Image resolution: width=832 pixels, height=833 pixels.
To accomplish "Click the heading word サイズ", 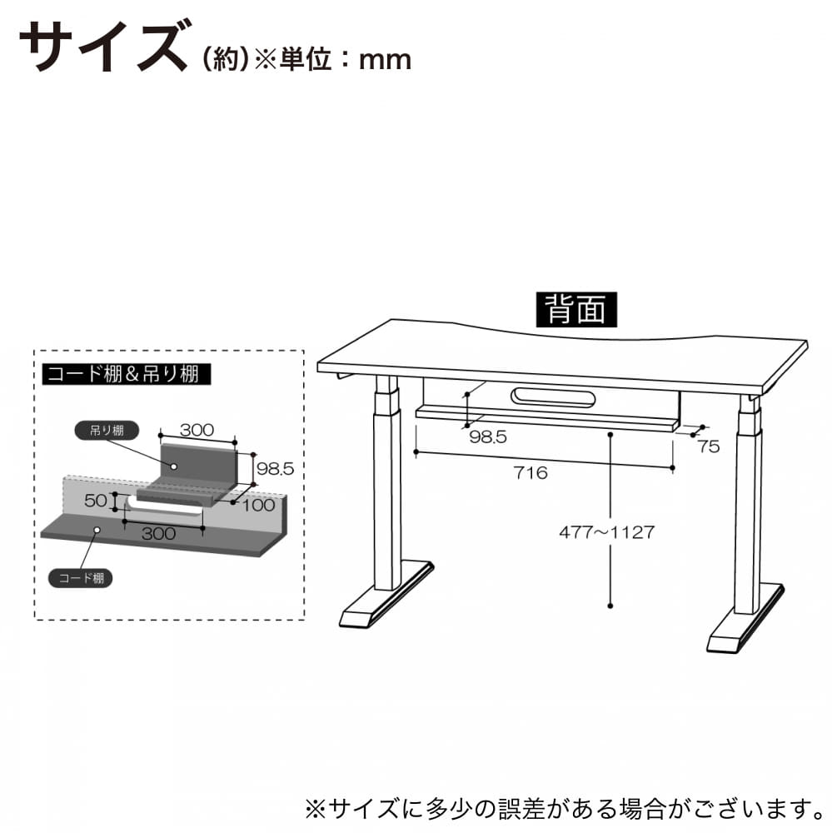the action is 104,47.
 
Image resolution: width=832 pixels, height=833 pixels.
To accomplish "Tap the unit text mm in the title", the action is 385,59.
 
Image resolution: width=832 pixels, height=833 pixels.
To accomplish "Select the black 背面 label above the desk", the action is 576,309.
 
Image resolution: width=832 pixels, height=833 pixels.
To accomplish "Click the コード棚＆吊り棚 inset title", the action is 127,374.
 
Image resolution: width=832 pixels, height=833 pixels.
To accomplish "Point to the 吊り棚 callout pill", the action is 107,431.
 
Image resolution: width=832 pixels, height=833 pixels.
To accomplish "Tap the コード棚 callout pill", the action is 81,578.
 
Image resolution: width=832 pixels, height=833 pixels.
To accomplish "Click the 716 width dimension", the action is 531,472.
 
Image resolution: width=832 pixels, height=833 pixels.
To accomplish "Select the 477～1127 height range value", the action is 607,531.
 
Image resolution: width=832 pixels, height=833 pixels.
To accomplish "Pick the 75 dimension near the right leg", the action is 709,446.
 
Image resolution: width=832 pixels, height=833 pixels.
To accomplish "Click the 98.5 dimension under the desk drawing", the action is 488,436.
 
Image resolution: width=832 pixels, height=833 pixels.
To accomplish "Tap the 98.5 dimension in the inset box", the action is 275,468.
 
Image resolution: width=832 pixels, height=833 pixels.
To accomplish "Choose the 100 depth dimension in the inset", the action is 259,504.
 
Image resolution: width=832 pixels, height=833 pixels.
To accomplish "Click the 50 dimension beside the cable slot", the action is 96,501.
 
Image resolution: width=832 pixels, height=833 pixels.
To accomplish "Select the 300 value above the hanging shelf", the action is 197,430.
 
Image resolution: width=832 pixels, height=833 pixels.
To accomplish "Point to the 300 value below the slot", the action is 158,533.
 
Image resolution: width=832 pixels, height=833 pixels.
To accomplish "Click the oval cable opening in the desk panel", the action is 552,397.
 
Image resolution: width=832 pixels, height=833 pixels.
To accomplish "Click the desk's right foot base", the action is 745,619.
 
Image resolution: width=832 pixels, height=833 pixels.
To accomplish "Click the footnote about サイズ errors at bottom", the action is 565,809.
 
